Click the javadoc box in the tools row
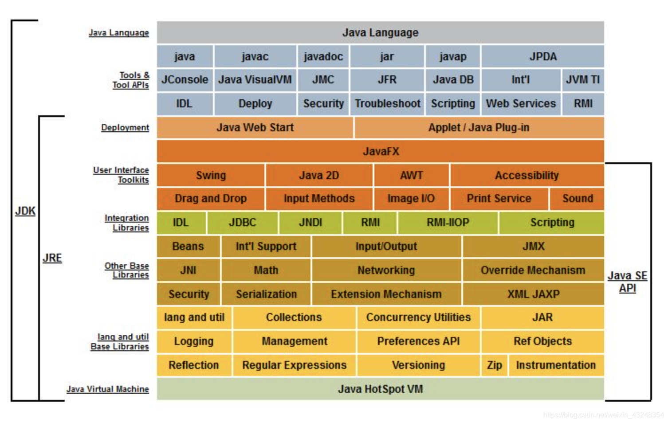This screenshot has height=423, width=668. point(323,56)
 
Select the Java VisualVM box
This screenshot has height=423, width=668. point(255,80)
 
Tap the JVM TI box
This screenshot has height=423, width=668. point(582,80)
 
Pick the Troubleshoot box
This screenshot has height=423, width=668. point(387,104)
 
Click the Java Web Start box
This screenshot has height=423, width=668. point(255,128)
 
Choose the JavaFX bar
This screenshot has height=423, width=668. point(381,151)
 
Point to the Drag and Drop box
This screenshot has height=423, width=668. point(211,199)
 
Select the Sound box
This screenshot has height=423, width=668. point(577,199)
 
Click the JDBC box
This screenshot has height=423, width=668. point(242,223)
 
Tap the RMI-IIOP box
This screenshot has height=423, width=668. point(448,223)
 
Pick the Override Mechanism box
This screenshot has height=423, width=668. point(533,270)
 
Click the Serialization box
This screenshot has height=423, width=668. point(266,294)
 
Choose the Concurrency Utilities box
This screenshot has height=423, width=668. point(418,317)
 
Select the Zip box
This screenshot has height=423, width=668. point(494,365)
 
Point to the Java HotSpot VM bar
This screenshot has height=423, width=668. point(381,389)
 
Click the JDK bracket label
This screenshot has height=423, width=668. point(25,211)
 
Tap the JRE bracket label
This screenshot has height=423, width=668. point(52,258)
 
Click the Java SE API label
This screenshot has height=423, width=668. point(627,282)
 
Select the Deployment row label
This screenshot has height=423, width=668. point(125,128)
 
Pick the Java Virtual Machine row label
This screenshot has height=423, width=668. point(108,389)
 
